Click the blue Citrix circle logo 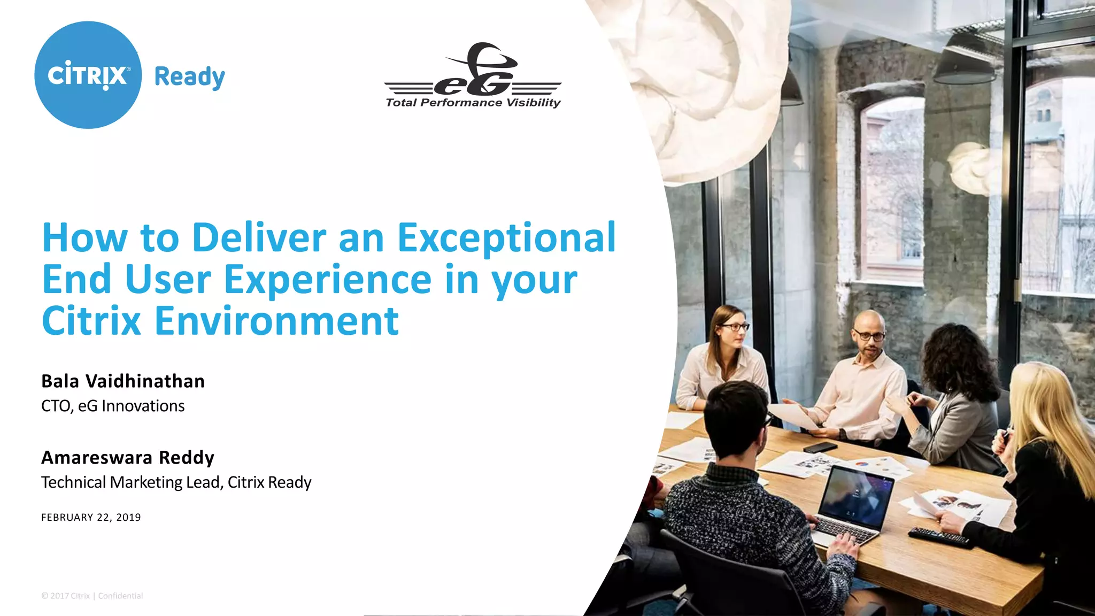[x=88, y=75]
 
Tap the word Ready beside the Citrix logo [x=189, y=77]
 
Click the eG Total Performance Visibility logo [x=473, y=76]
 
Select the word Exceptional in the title [x=506, y=238]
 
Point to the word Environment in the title [x=276, y=321]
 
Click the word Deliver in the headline [x=259, y=237]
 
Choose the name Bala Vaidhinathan [x=123, y=381]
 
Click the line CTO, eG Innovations [x=113, y=406]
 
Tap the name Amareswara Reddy [x=128, y=458]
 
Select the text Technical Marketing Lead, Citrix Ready [x=176, y=482]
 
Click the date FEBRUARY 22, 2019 [x=91, y=517]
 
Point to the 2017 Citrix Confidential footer [x=92, y=596]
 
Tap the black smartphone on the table [x=820, y=447]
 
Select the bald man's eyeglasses [x=869, y=336]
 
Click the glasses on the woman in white [x=734, y=327]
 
